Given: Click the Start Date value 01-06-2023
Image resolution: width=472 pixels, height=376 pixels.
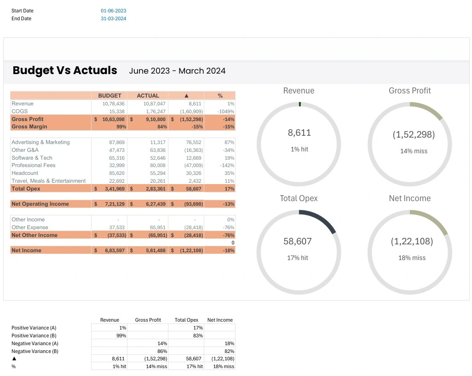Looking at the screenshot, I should (x=113, y=11).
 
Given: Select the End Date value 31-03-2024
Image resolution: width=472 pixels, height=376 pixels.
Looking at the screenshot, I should (x=113, y=19).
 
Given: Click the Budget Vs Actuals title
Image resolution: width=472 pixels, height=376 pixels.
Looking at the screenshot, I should (x=65, y=70).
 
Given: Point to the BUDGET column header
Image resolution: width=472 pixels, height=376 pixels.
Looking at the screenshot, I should (x=109, y=96).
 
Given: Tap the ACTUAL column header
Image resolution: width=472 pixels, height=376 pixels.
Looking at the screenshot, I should (x=148, y=96).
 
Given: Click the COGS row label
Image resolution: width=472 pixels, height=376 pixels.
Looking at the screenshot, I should (x=20, y=111).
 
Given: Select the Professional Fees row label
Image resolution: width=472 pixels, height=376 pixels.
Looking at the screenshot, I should (x=34, y=165).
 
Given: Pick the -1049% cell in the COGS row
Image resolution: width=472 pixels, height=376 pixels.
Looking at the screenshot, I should (x=226, y=111).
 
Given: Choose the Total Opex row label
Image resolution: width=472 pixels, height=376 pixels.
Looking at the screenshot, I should (x=26, y=189).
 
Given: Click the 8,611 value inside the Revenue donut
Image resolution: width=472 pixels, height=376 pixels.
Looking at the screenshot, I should (x=299, y=133).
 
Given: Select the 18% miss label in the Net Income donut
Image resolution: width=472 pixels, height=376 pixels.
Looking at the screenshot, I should (x=412, y=258).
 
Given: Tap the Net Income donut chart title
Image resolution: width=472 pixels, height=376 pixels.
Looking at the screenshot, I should (x=409, y=198).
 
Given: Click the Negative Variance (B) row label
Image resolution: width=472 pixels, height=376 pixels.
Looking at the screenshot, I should (x=35, y=351).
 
